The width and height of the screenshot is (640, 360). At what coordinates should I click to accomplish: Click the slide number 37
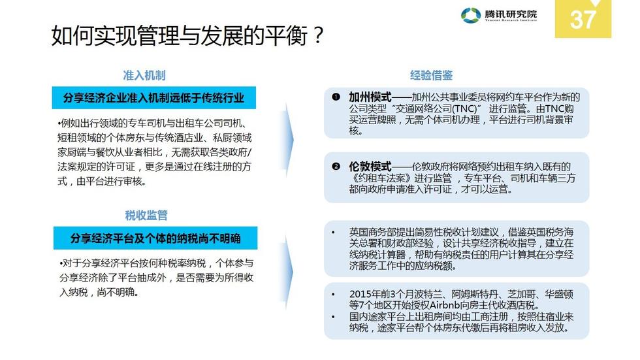click(x=583, y=19)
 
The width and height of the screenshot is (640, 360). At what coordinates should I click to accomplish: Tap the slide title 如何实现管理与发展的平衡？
click(x=187, y=37)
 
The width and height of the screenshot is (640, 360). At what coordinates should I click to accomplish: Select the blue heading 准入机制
click(x=144, y=76)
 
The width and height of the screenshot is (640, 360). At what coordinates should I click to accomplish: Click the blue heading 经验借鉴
click(x=431, y=76)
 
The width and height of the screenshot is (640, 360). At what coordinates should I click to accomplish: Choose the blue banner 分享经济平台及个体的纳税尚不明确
click(x=155, y=238)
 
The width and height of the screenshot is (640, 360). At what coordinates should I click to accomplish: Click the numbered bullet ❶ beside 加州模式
click(x=336, y=97)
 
